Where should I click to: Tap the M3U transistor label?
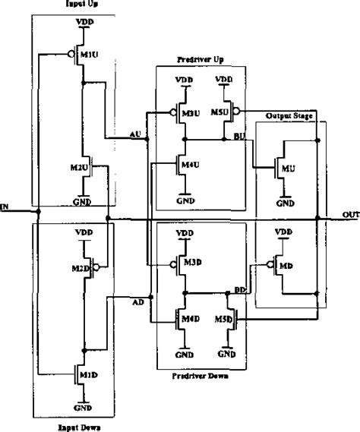(x=191, y=114)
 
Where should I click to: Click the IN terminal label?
(x=5, y=206)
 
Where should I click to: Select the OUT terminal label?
(x=350, y=215)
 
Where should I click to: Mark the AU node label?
(x=137, y=135)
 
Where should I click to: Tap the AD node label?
(x=137, y=302)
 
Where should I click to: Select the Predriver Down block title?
(x=201, y=375)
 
